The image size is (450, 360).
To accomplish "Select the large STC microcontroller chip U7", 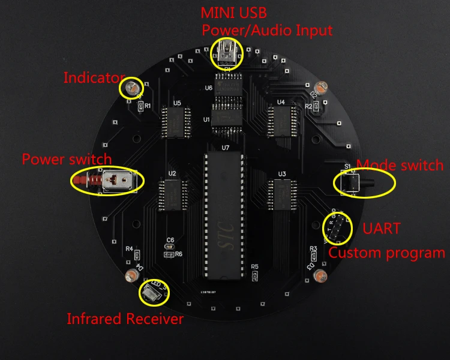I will [225, 214].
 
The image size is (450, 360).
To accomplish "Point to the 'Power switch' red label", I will [67, 160].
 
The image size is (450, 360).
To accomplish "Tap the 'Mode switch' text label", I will [400, 165].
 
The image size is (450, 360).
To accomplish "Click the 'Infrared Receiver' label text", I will [125, 319].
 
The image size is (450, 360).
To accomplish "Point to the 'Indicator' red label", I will [94, 77].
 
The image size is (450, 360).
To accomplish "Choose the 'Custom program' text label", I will [386, 253].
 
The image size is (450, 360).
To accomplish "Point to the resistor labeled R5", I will [255, 275].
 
